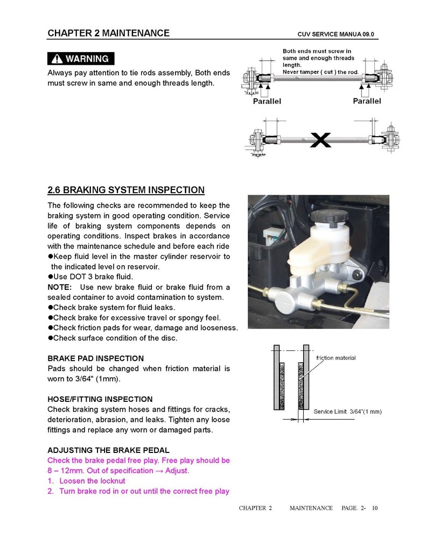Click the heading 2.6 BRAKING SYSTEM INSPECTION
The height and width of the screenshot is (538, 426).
tap(126, 190)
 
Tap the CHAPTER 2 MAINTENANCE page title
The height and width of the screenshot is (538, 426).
tap(109, 33)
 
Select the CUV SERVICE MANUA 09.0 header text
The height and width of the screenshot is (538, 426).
tap(336, 34)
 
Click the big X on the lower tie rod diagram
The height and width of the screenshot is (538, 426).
tap(321, 141)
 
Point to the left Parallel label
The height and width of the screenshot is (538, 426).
tap(267, 101)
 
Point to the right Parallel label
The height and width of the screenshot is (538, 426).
tap(367, 101)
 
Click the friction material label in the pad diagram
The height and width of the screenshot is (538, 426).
tap(336, 358)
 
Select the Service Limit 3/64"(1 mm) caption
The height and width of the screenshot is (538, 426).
tap(347, 412)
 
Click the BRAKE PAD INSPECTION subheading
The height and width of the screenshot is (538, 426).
tap(96, 358)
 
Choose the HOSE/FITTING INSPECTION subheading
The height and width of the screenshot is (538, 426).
tap(100, 399)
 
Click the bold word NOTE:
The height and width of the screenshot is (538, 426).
tap(60, 287)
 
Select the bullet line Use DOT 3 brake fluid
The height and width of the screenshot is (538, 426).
tap(90, 277)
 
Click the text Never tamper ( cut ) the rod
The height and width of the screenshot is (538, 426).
tap(321, 72)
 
